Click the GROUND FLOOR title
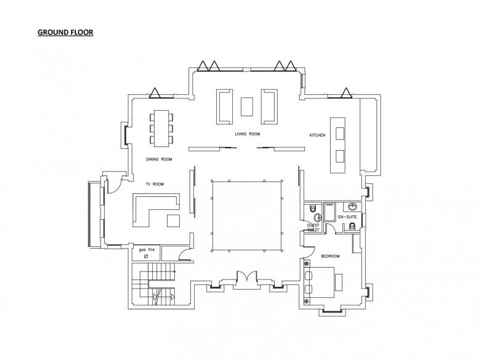tap(65, 32)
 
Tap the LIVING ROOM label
tap(247, 134)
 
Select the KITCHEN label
tap(317, 135)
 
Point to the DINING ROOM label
tap(159, 159)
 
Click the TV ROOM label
tap(155, 184)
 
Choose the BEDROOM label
tap(330, 256)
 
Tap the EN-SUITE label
tap(347, 217)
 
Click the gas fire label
tap(147, 250)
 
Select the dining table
tap(161, 129)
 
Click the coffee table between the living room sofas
tap(246, 106)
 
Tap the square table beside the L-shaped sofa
tap(173, 220)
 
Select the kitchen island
tap(338, 145)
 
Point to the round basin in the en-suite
tap(353, 207)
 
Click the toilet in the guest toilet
tap(312, 208)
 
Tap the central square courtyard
tap(246, 216)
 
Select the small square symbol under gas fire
tap(146, 256)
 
